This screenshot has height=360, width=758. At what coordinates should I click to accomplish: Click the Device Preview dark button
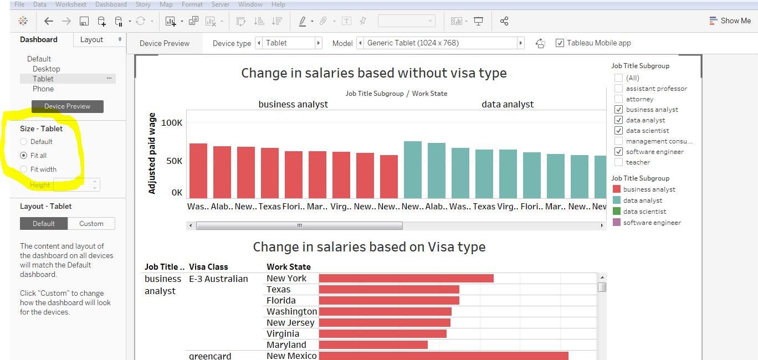[67, 106]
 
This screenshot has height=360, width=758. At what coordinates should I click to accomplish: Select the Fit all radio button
[23, 156]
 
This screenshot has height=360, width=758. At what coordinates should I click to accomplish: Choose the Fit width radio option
[23, 169]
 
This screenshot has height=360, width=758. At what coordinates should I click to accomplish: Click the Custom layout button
[91, 224]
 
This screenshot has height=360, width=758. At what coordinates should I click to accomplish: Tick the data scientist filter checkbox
[618, 131]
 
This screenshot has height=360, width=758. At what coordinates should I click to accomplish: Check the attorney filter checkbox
[618, 99]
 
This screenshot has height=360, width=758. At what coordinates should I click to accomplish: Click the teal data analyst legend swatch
[616, 200]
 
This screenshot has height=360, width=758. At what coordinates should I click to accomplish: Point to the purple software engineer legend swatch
[616, 223]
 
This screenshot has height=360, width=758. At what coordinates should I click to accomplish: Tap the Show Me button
[730, 21]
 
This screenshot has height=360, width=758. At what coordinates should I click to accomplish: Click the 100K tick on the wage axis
[172, 123]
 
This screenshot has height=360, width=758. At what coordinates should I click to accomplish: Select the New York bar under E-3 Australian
[406, 278]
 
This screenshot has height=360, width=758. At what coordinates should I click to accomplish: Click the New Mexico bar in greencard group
[443, 356]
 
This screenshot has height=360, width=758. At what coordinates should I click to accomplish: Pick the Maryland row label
[286, 344]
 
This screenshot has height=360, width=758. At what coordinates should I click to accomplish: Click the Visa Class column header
[208, 267]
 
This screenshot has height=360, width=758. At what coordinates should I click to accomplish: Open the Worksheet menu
[70, 4]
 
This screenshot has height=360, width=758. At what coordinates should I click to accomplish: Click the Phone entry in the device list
[43, 89]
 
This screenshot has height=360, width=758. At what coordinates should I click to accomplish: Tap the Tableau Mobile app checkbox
[560, 43]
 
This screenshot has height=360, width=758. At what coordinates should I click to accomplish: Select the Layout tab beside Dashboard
[92, 40]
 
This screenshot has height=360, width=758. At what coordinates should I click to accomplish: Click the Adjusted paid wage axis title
[152, 153]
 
